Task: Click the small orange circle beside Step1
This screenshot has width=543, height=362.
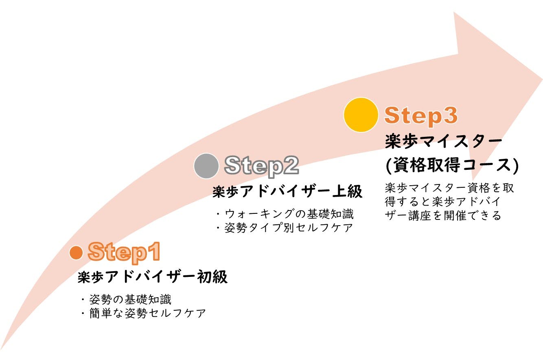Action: pyautogui.click(x=76, y=252)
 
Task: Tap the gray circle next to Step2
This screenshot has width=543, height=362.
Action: pyautogui.click(x=207, y=166)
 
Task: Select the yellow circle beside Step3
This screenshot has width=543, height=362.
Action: pyautogui.click(x=361, y=115)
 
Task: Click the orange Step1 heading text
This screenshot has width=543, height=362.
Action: pyautogui.click(x=125, y=252)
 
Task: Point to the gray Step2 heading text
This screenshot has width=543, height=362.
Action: pyautogui.click(x=261, y=165)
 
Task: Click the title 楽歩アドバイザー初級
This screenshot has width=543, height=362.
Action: pyautogui.click(x=153, y=277)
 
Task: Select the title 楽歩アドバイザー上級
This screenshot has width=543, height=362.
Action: pyautogui.click(x=287, y=191)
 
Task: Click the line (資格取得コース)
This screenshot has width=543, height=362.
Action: pyautogui.click(x=452, y=165)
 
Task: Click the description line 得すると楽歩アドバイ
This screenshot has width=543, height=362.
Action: pyautogui.click(x=442, y=202)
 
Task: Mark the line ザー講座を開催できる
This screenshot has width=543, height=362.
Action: pyautogui.click(x=443, y=215)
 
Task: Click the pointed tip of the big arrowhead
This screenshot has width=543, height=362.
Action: pyautogui.click(x=541, y=79)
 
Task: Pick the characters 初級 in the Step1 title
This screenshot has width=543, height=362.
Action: pyautogui.click(x=213, y=277)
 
